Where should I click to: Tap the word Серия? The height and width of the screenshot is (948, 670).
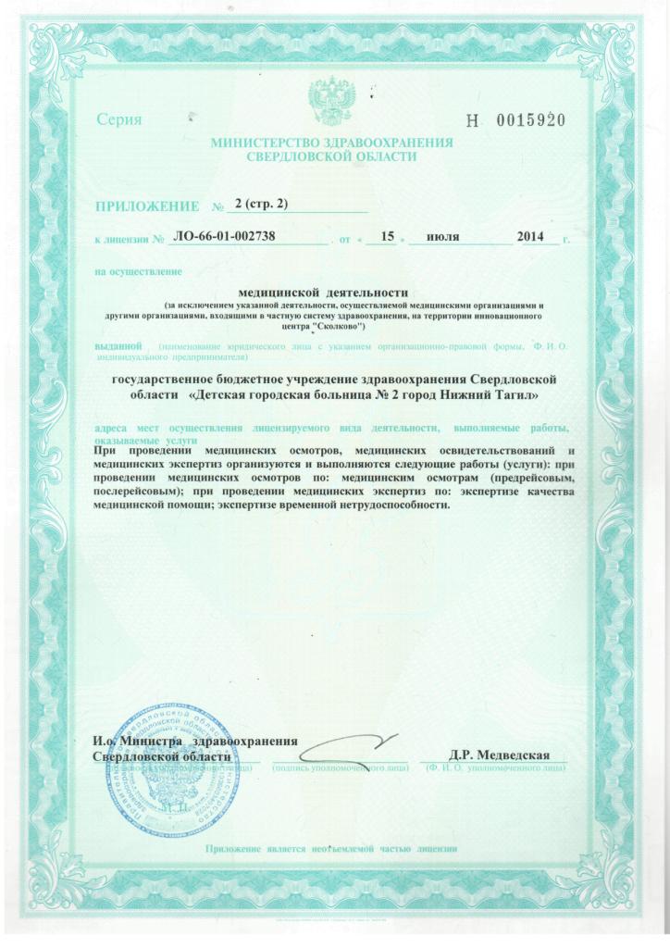tap(118, 120)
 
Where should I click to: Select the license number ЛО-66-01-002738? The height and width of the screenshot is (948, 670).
tap(225, 237)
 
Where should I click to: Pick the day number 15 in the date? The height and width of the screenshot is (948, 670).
tap(388, 237)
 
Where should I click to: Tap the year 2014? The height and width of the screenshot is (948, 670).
tap(531, 237)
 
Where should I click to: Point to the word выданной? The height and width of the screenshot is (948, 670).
tap(117, 346)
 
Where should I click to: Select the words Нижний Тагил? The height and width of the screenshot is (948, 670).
tap(493, 395)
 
